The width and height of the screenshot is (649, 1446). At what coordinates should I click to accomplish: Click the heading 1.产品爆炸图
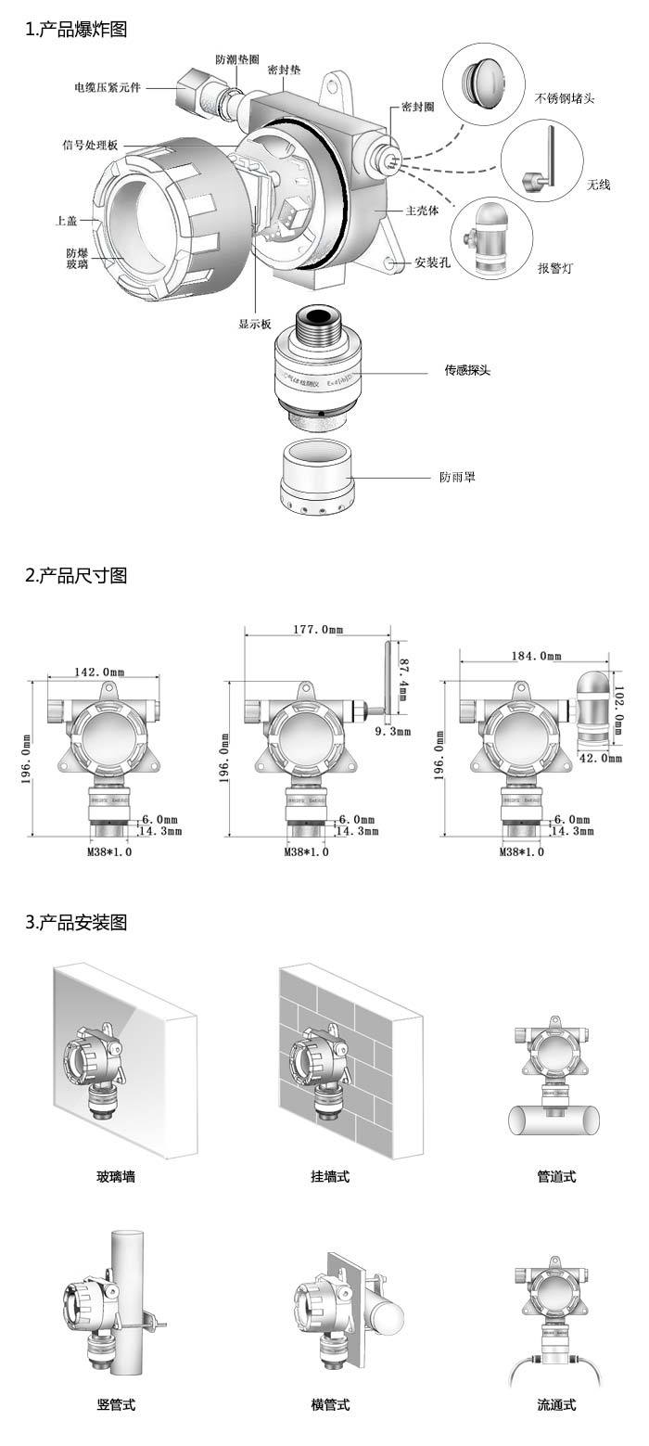tap(76, 30)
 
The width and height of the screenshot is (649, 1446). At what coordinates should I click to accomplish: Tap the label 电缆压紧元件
tap(108, 88)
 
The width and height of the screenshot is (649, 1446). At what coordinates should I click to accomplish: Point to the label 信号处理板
tap(90, 146)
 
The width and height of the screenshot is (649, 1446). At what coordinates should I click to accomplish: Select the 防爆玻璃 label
tap(78, 259)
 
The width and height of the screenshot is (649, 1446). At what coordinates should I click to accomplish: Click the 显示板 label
tap(255, 324)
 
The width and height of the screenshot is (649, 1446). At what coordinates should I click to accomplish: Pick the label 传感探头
tap(467, 370)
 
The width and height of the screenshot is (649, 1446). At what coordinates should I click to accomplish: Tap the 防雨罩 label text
tap(457, 478)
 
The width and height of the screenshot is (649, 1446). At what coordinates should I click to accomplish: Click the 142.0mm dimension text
tap(99, 672)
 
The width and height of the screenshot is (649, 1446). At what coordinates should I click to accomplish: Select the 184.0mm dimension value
tap(537, 656)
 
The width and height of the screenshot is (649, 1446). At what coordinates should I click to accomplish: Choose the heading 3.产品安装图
tap(76, 923)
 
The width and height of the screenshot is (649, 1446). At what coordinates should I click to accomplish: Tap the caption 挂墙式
tap(330, 1176)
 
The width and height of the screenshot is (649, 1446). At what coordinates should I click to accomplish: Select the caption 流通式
tap(556, 1404)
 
